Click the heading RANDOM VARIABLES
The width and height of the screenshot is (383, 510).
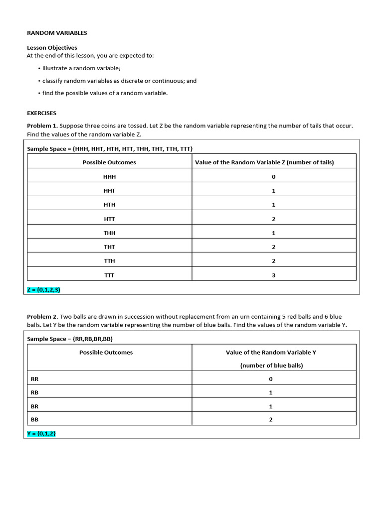[57, 33]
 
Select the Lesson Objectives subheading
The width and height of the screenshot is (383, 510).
[52, 48]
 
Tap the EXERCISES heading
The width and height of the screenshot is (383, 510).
[42, 113]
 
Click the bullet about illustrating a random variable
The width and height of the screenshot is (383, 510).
[81, 68]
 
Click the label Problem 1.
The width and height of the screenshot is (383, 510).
[42, 126]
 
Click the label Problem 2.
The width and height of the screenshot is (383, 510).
[42, 317]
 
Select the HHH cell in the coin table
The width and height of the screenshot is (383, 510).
[109, 177]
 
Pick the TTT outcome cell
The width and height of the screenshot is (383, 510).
[109, 275]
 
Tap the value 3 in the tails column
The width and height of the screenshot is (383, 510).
[274, 275]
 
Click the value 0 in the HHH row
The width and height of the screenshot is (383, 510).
[274, 177]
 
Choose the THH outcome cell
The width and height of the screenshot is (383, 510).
[109, 233]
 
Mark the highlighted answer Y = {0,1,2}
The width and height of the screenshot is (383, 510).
[41, 434]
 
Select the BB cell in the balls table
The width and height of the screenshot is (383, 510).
[34, 419]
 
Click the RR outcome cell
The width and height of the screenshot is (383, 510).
[34, 379]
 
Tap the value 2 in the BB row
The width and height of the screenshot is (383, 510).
[271, 419]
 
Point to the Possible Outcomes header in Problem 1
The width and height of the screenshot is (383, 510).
[109, 162]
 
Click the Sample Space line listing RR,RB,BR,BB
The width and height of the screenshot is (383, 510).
[73, 339]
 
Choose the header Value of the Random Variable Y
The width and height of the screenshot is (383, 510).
[271, 353]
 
